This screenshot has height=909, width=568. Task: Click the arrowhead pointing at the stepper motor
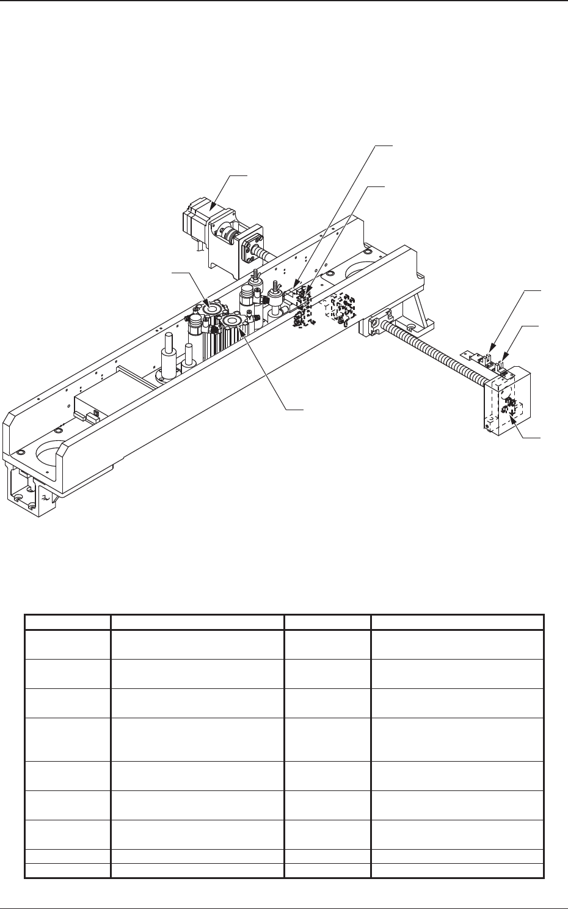coord(211,210)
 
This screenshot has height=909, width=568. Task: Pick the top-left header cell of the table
coord(67,622)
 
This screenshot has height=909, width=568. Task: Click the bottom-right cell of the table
coord(457,872)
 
